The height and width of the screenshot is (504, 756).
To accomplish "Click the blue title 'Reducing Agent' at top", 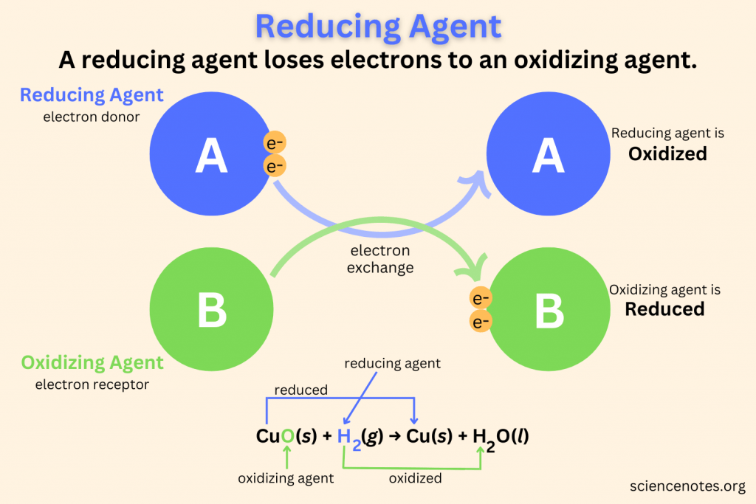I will click(x=378, y=27).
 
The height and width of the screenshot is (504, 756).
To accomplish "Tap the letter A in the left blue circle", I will click(x=211, y=157).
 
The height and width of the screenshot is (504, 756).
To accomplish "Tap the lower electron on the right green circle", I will click(x=481, y=322).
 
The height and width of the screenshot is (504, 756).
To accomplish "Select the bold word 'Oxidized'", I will click(x=667, y=153).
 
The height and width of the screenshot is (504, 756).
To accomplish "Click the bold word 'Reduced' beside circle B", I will click(x=664, y=308).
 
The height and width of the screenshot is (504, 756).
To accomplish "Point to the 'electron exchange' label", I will click(x=380, y=259).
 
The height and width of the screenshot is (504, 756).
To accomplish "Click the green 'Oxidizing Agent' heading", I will click(x=92, y=362).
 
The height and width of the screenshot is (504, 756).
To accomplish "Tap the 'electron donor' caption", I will click(x=91, y=117).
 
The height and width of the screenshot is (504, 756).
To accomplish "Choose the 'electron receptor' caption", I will click(x=92, y=384).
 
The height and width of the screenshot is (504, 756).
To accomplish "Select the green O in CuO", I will click(x=286, y=436).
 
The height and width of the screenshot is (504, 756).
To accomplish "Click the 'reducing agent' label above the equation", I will click(x=393, y=363).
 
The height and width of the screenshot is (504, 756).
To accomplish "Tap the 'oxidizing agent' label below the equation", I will click(x=286, y=478).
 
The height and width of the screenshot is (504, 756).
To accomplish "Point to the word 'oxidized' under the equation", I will click(x=415, y=478).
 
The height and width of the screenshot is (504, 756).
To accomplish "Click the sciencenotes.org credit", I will click(x=688, y=486).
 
